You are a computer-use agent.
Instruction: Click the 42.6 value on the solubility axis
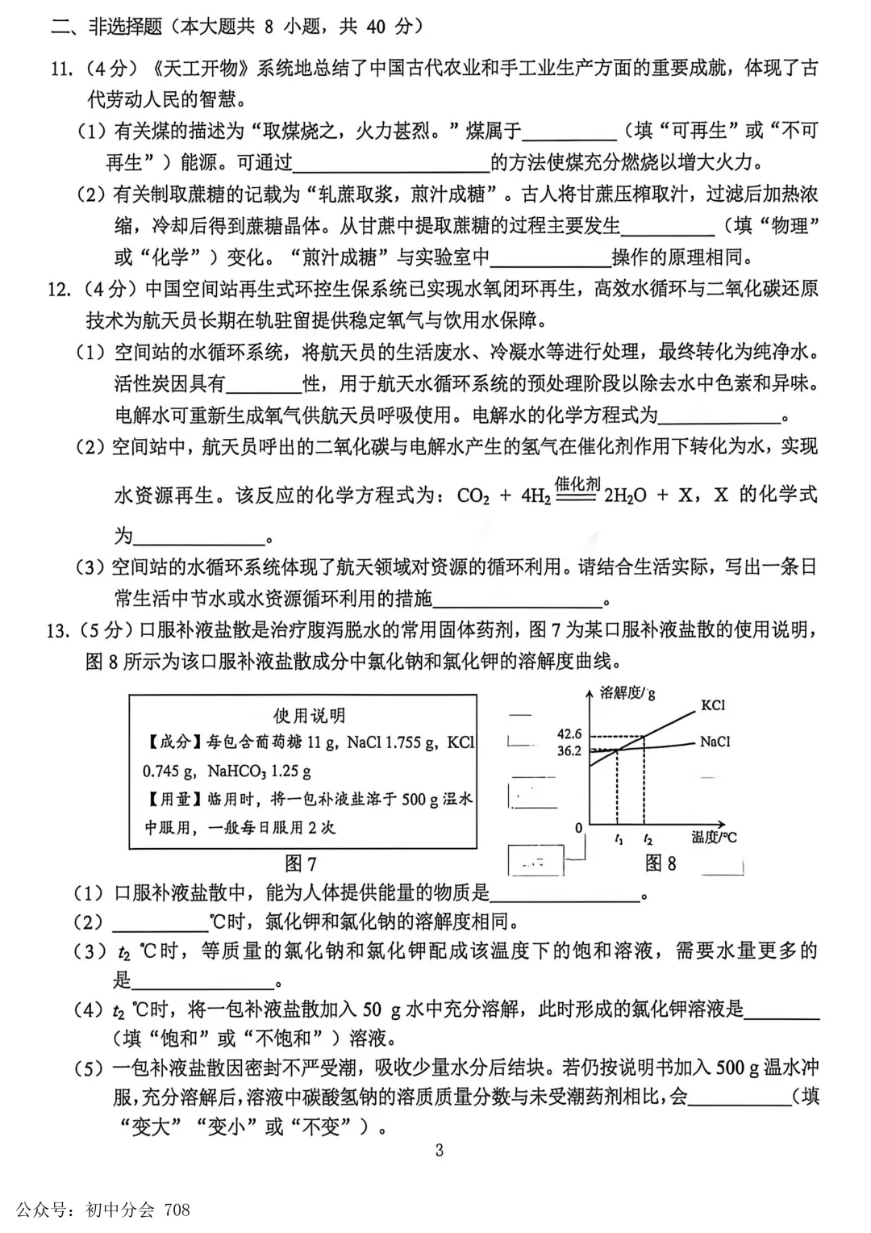[x=569, y=734]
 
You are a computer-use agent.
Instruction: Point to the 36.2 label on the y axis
[x=569, y=750]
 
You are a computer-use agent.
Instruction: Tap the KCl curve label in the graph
[x=713, y=705]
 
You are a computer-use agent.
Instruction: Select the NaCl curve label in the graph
[x=715, y=742]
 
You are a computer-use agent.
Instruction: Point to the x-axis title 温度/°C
[x=714, y=838]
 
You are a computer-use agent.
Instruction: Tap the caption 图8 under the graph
[x=661, y=863]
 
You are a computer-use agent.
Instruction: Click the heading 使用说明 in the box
[x=309, y=716]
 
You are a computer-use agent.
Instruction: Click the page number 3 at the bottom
[x=439, y=1150]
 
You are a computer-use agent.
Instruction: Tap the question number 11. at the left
[x=61, y=69]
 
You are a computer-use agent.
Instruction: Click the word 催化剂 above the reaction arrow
[x=577, y=484]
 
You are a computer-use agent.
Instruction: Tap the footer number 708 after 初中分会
[x=177, y=1210]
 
